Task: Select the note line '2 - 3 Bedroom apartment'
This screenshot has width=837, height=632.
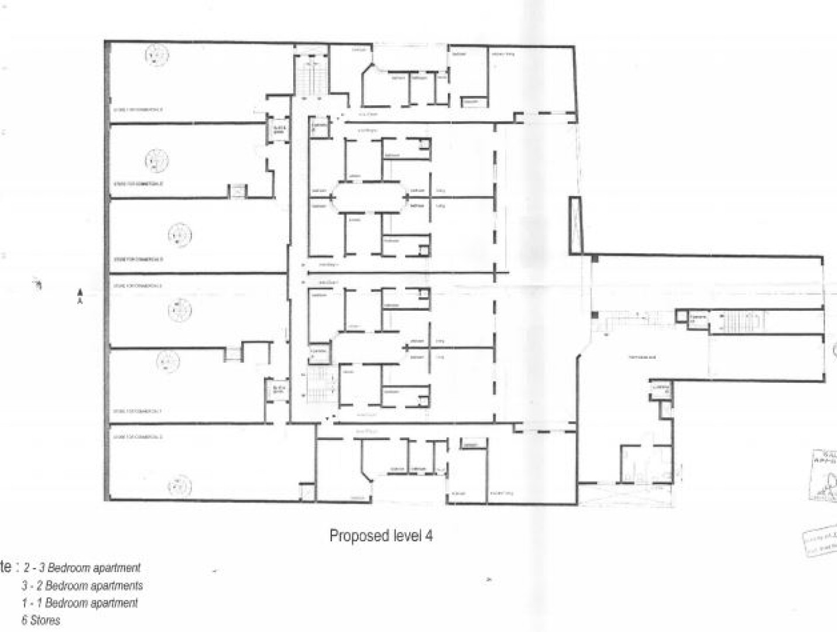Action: pos(81,568)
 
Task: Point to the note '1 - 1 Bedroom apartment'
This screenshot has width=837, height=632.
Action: pos(80,603)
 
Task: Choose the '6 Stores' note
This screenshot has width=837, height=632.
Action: pos(40,620)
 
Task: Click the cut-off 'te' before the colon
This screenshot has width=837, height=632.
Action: pos(6,566)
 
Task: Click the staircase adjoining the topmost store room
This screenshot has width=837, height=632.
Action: pos(311,75)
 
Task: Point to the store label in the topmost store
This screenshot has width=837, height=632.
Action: pos(138,109)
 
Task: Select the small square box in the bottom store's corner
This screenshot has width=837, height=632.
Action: pos(306,493)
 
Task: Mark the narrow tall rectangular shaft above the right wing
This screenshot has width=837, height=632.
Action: pos(575,225)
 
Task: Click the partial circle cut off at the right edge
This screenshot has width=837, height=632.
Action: pos(833,352)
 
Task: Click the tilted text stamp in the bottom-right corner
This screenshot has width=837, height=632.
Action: pos(821,543)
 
